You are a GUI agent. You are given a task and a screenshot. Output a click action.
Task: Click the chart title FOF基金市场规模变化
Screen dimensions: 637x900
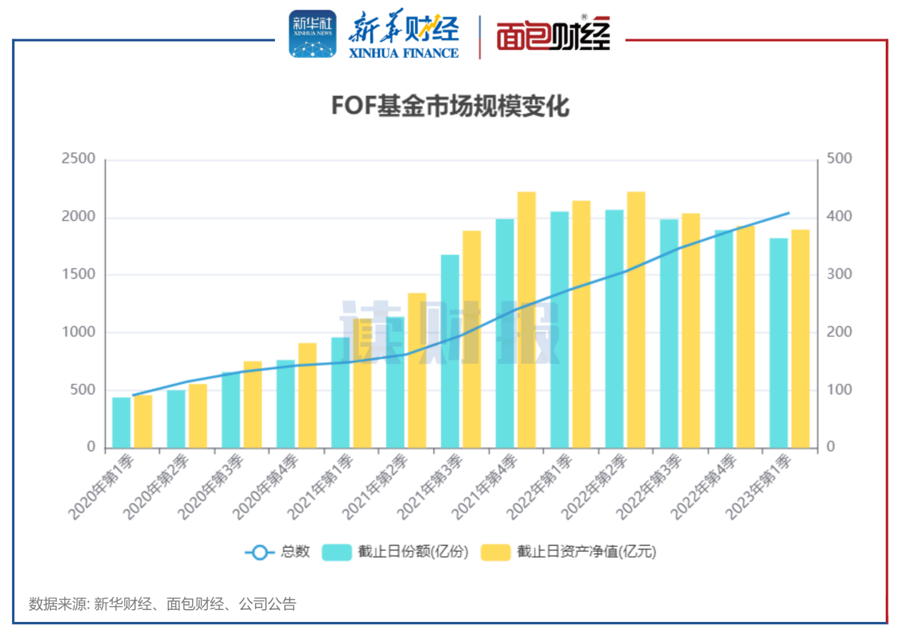pyautogui.click(x=449, y=107)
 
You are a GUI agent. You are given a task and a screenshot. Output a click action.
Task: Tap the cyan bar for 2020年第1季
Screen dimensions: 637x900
pyautogui.click(x=121, y=423)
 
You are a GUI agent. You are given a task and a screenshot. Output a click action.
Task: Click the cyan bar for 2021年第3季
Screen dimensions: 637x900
pyautogui.click(x=450, y=351)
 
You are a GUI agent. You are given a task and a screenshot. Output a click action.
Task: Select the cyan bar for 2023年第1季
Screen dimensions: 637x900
pyautogui.click(x=779, y=343)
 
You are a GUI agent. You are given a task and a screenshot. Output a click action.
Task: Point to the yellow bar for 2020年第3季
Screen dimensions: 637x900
pyautogui.click(x=253, y=405)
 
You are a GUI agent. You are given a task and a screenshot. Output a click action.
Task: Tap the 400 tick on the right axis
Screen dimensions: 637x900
pyautogui.click(x=840, y=217)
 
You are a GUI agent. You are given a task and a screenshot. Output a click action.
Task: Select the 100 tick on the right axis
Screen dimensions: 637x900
pyautogui.click(x=840, y=390)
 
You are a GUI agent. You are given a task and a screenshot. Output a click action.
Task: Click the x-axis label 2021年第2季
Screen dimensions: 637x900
pyautogui.click(x=376, y=486)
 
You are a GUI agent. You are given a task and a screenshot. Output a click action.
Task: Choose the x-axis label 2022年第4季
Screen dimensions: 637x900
pyautogui.click(x=704, y=486)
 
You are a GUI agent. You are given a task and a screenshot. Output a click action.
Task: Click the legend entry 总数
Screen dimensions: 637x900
pyautogui.click(x=278, y=552)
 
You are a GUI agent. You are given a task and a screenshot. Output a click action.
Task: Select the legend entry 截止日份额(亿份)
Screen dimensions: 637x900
pyautogui.click(x=397, y=552)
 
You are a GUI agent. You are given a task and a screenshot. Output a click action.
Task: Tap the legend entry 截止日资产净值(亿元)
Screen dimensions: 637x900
pyautogui.click(x=569, y=552)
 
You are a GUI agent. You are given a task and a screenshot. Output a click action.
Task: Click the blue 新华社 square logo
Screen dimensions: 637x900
pyautogui.click(x=312, y=34)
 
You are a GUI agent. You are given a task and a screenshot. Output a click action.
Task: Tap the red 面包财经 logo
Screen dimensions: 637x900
pyautogui.click(x=554, y=34)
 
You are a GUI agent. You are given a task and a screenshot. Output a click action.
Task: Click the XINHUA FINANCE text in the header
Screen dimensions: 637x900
pyautogui.click(x=404, y=53)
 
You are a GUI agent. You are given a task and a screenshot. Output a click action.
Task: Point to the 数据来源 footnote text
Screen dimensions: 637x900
pyautogui.click(x=162, y=604)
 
